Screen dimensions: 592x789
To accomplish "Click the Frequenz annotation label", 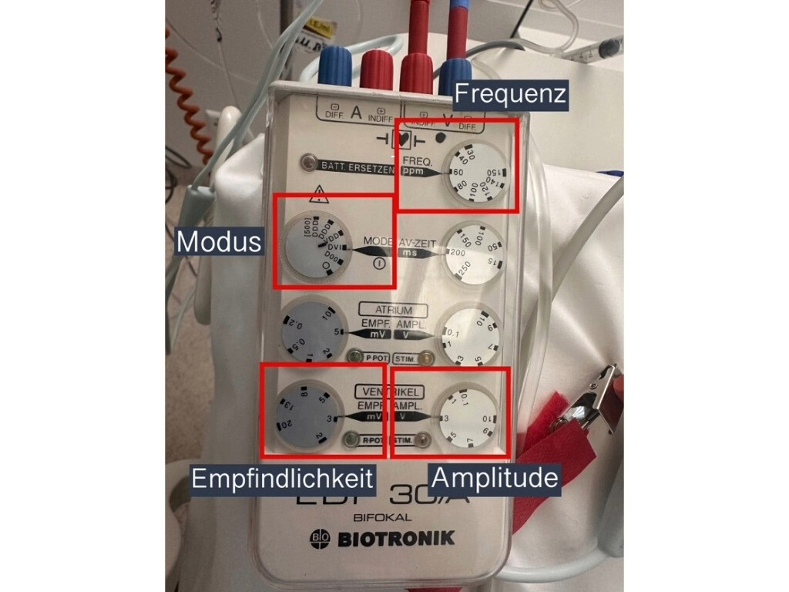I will click(x=511, y=94).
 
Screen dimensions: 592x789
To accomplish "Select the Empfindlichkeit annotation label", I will click(x=282, y=479).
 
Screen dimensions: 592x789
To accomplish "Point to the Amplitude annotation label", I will click(x=494, y=478).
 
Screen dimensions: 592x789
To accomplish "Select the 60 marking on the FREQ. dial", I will click(x=458, y=173).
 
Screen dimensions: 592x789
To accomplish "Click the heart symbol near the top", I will click(x=401, y=140).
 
